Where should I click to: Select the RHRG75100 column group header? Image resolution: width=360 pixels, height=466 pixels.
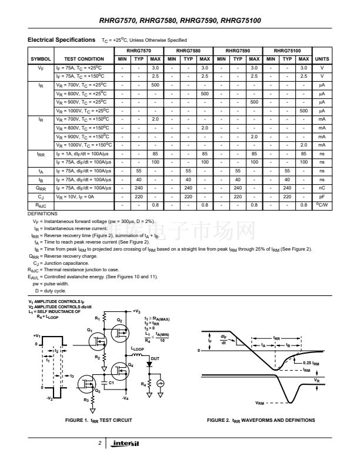287,51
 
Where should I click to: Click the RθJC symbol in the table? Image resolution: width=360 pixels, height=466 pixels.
41,204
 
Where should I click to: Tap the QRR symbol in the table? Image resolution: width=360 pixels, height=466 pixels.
41,188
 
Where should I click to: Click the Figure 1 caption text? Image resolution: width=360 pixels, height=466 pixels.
98,420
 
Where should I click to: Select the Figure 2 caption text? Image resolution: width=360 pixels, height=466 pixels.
261,420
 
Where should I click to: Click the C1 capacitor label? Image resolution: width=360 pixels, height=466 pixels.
111,383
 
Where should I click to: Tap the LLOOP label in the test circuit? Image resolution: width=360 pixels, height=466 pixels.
136,349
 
